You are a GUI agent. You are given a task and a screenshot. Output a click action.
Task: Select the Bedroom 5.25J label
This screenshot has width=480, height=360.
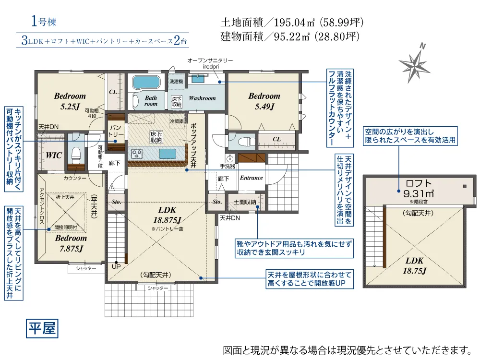point(70,101)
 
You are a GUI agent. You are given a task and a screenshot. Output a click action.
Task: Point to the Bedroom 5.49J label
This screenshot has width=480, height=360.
point(264,101)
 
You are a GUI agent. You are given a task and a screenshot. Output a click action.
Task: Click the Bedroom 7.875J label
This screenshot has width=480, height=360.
point(70,243)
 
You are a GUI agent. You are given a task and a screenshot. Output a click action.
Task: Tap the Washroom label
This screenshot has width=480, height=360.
point(202,98)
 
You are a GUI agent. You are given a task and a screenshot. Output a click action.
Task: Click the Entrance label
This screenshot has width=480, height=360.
point(251,178)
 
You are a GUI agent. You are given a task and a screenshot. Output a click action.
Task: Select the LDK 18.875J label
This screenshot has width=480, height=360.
point(167,215)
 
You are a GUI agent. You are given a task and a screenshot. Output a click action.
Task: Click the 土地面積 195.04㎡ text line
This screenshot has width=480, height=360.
point(292,22)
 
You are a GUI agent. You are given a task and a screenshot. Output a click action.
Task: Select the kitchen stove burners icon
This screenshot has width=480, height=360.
point(137,154)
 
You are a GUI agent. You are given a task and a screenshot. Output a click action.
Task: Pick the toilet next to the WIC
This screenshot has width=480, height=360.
point(76,154)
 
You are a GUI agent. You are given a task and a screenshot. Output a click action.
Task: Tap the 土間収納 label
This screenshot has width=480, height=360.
point(245,202)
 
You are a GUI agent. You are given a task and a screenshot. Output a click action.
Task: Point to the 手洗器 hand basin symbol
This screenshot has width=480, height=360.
point(229,159)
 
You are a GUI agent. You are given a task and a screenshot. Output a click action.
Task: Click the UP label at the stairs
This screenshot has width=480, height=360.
point(116,266)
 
